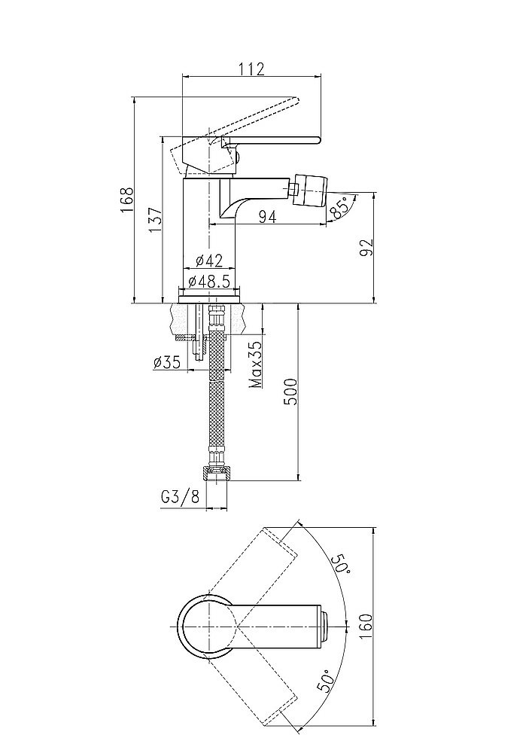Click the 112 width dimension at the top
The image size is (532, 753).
251,69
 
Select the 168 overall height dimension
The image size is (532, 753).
126,200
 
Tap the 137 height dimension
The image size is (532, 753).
155,220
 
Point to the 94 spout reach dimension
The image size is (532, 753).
268,217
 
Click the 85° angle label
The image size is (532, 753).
339,209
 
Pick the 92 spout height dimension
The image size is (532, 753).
366,248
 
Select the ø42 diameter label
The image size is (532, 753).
210,261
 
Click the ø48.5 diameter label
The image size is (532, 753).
210,281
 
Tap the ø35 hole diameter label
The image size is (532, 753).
166,363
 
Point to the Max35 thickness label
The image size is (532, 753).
256,364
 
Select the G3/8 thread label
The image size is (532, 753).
180,496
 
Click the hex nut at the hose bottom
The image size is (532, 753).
217,473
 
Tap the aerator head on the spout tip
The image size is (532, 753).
312,189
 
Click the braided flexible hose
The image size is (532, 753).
217,384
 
